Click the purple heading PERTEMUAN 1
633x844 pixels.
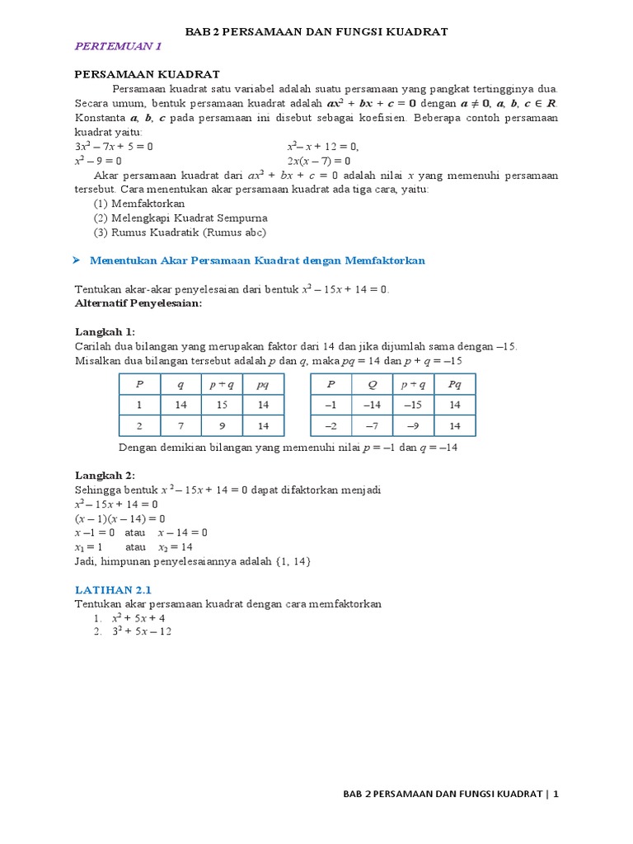coord(119,46)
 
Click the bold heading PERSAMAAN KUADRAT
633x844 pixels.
coord(147,74)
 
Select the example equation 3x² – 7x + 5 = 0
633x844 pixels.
coord(114,147)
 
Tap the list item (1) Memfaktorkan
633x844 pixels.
coord(139,204)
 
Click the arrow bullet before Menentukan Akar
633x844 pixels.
coord(76,260)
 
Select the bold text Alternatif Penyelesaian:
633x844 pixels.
coord(138,303)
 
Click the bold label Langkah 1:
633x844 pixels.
coord(105,331)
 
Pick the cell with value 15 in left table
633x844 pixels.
coord(222,405)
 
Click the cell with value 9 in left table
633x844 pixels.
coord(222,426)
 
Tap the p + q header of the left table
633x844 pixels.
coord(222,384)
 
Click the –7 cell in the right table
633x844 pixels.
coord(372,426)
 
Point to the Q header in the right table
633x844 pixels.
coord(372,384)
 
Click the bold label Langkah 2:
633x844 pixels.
coord(105,475)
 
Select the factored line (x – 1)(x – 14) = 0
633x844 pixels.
coord(120,518)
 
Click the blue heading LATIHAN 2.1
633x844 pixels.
coord(114,589)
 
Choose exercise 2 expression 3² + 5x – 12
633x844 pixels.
coord(142,632)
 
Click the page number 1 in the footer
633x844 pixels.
coord(556,795)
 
